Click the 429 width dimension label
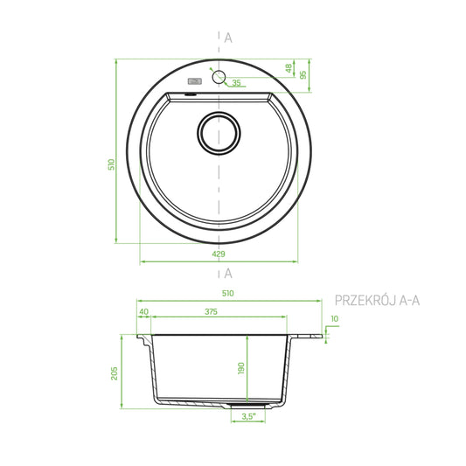(x=219, y=254)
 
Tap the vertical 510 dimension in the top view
(x=111, y=164)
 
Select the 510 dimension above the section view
(x=228, y=294)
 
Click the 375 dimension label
(x=211, y=311)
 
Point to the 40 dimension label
(x=143, y=311)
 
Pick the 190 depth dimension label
(x=241, y=368)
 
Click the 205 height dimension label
(x=115, y=373)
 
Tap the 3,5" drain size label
(x=249, y=416)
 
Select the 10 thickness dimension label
(x=335, y=318)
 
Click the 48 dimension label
(x=289, y=68)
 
